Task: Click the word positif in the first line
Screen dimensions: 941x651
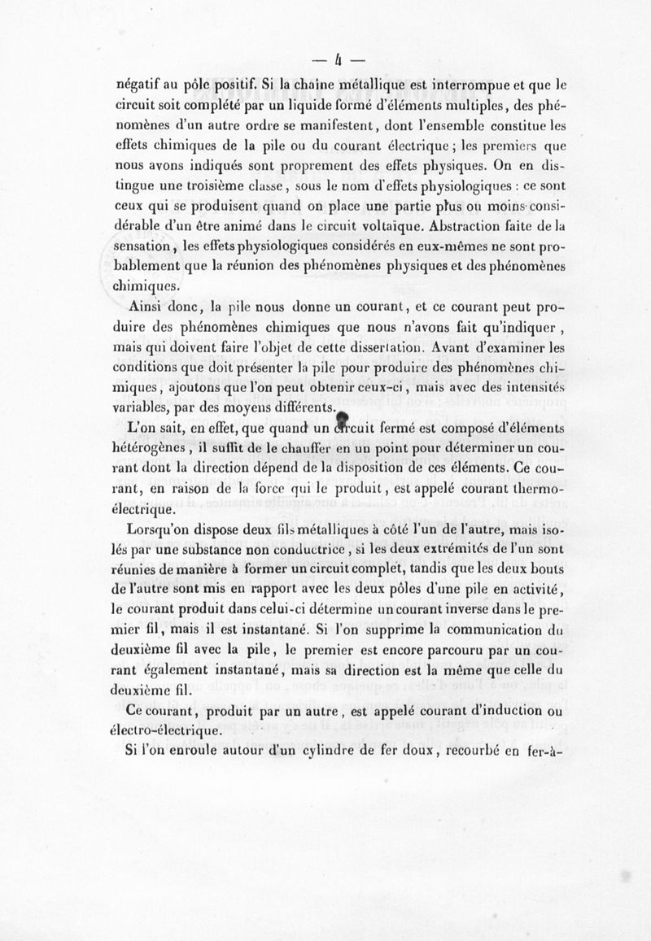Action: [x=225, y=84]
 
